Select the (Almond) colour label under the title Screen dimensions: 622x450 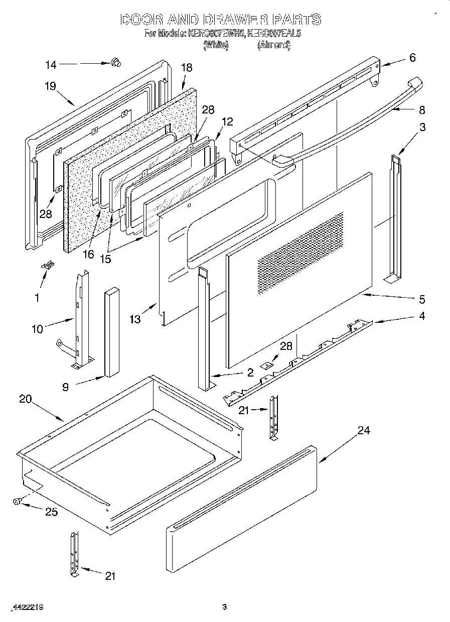[x=274, y=45]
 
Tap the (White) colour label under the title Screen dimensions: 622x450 [x=216, y=45]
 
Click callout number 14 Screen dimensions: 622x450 [x=51, y=64]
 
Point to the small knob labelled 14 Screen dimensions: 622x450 [x=116, y=62]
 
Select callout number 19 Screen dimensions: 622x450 [x=50, y=85]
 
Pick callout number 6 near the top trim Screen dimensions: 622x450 [x=412, y=58]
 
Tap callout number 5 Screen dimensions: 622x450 [x=421, y=300]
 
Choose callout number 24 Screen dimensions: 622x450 [x=364, y=430]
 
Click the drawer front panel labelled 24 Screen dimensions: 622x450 [x=241, y=492]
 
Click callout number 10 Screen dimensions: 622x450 [x=37, y=329]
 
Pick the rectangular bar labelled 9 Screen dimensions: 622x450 [x=111, y=332]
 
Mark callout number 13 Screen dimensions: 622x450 [x=134, y=319]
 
